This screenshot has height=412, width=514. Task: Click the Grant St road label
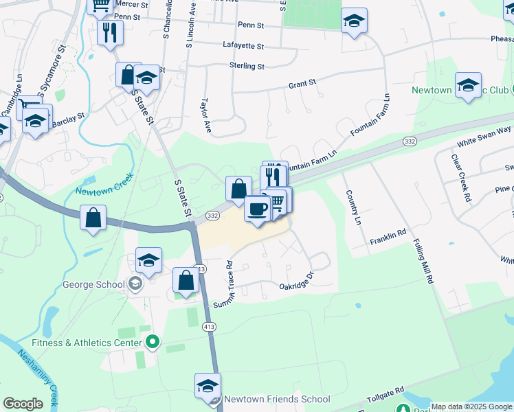(x=302, y=83)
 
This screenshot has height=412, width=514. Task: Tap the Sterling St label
(x=247, y=66)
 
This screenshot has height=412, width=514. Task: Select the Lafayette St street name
(x=243, y=46)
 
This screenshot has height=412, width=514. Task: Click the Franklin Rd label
(x=388, y=236)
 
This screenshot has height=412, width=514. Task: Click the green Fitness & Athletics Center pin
(x=153, y=341)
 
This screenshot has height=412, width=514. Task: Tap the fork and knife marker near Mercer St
(x=110, y=32)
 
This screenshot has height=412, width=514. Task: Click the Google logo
(x=23, y=404)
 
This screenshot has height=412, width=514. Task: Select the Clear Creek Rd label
(x=460, y=177)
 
